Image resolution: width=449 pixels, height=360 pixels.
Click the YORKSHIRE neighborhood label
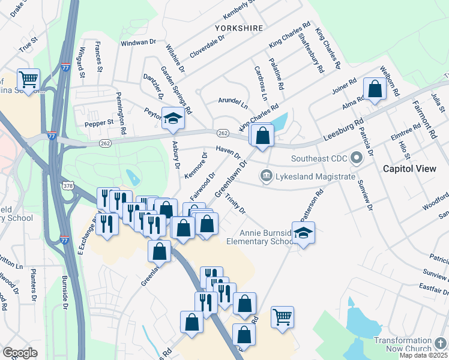point(239,28)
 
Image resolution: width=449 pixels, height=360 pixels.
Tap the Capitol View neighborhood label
point(410,169)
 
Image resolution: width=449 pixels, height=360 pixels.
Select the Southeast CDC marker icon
point(357,159)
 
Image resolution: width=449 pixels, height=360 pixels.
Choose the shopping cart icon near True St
point(28,79)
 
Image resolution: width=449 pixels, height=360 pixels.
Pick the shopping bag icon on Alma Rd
point(375,89)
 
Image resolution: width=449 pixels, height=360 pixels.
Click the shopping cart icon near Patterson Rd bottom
point(282,316)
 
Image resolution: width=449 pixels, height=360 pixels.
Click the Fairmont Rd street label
point(424,120)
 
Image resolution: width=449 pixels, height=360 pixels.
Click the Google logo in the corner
point(20,353)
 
